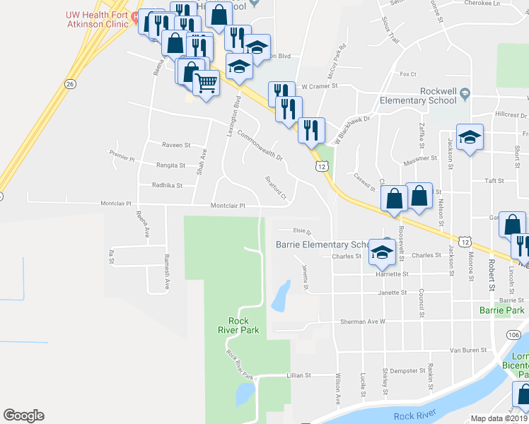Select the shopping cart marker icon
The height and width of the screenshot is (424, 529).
point(206,84)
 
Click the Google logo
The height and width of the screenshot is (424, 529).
point(23,416)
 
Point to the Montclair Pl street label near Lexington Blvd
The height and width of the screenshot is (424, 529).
point(228,206)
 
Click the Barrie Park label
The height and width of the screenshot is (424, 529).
point(501,310)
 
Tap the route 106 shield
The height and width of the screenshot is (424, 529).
point(514,334)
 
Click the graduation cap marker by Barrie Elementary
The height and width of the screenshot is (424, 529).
point(382,252)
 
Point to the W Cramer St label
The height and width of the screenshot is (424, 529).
point(320,86)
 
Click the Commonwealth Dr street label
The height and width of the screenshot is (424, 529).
point(260,146)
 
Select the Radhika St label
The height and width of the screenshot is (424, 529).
point(167,186)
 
